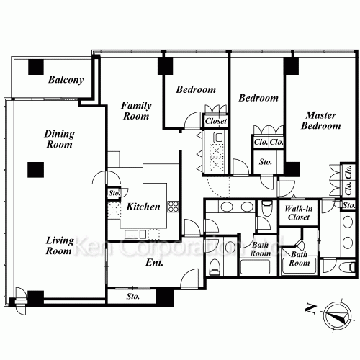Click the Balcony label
click(x=66, y=80)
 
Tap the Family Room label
click(x=136, y=111)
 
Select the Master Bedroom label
click(x=321, y=120)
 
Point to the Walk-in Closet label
click(x=299, y=213)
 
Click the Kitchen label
click(x=143, y=207)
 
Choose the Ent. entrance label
click(x=154, y=263)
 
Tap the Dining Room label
click(x=59, y=139)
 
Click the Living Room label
click(x=59, y=246)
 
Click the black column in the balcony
click(x=36, y=67)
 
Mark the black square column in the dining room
click(x=36, y=170)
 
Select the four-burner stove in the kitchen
click(x=174, y=207)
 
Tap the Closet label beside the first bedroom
click(x=216, y=121)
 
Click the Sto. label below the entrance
click(x=133, y=297)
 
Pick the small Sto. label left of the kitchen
click(x=114, y=193)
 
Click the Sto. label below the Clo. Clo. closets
click(x=266, y=162)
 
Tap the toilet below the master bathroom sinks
click(x=348, y=267)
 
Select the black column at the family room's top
click(x=166, y=66)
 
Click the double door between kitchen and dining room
click(x=107, y=177)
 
